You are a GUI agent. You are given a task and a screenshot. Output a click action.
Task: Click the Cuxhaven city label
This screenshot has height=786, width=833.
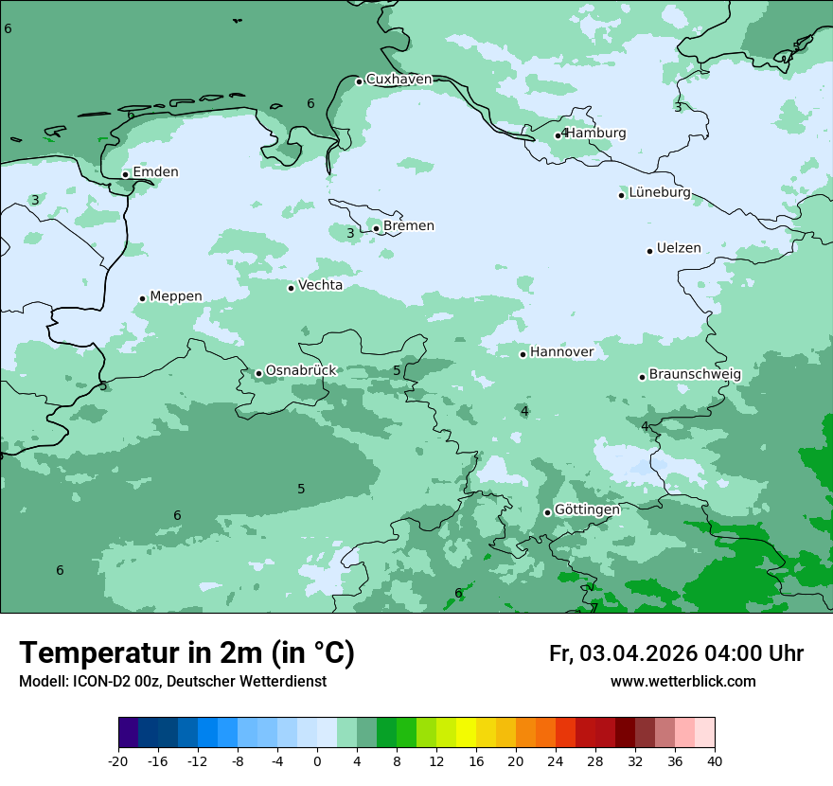(399, 80)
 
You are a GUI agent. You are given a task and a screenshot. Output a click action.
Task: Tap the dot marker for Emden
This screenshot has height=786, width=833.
(125, 174)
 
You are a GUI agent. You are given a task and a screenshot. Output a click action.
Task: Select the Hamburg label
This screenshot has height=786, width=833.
(595, 134)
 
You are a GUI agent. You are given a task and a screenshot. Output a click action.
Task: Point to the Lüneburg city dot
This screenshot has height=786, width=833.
(621, 195)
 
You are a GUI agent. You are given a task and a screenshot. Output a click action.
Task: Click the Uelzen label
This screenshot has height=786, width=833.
(679, 249)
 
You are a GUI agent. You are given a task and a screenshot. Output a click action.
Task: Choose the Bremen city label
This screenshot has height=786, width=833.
(408, 226)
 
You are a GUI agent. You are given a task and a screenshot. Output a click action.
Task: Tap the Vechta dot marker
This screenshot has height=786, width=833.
(291, 288)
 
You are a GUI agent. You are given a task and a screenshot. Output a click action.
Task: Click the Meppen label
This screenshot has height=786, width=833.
(175, 296)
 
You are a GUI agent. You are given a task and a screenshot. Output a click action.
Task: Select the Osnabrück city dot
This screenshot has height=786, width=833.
(258, 373)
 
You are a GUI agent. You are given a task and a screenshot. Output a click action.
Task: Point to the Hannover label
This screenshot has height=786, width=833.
(561, 352)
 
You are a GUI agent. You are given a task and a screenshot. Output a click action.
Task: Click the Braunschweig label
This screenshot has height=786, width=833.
(695, 375)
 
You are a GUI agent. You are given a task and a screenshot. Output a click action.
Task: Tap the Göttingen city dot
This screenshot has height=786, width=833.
(547, 512)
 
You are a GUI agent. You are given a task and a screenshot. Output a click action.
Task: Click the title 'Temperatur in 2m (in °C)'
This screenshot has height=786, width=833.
(186, 653)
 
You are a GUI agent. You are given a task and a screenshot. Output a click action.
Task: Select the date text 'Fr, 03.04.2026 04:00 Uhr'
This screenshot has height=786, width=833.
(676, 653)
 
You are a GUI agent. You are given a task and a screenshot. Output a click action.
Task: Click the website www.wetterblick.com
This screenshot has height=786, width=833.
(682, 682)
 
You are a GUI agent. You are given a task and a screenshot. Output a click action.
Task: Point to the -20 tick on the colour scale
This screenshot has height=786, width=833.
(118, 760)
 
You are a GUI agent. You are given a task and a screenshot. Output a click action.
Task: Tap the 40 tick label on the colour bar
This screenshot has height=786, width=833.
(715, 760)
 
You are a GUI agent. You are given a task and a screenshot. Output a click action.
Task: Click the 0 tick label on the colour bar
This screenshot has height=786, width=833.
(317, 760)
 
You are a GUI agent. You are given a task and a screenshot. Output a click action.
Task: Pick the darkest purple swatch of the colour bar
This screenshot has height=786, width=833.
(128, 733)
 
